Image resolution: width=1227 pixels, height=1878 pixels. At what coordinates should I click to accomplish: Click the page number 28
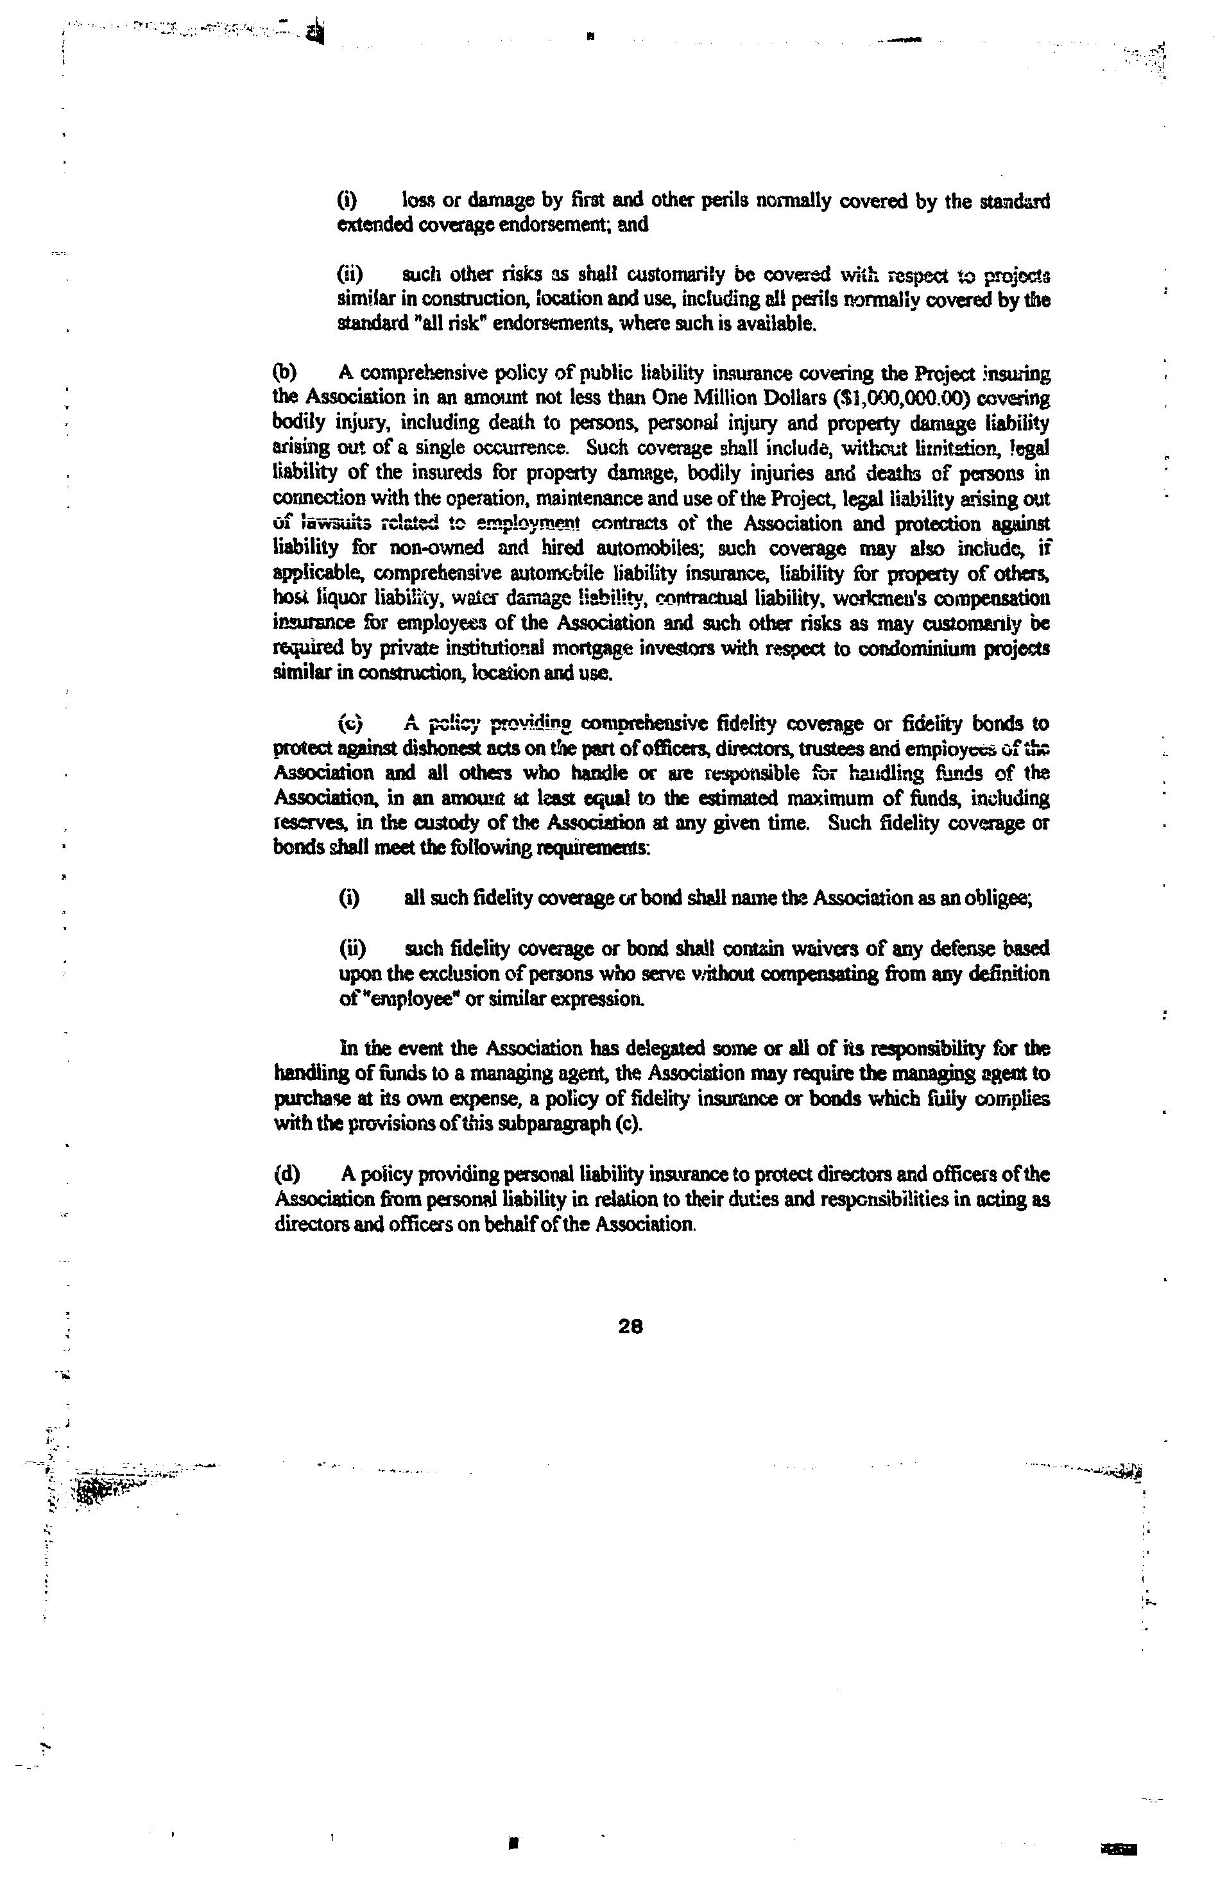tap(631, 1326)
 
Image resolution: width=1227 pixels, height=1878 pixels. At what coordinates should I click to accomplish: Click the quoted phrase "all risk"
tap(438, 324)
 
